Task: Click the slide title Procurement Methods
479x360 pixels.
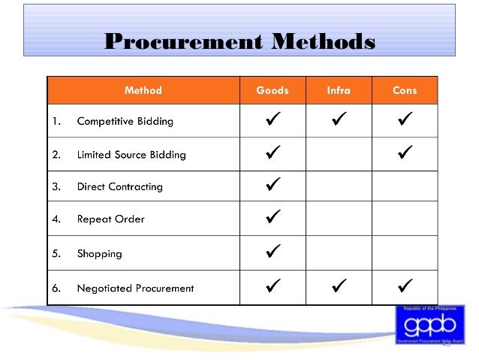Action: pyautogui.click(x=239, y=41)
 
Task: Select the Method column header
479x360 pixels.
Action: pyautogui.click(x=143, y=91)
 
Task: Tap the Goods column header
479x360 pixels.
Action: pyautogui.click(x=273, y=91)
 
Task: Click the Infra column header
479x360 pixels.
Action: pyautogui.click(x=339, y=91)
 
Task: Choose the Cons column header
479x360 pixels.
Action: pyautogui.click(x=405, y=91)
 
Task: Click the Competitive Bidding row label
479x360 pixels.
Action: pyautogui.click(x=125, y=121)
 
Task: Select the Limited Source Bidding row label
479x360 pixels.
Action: pyautogui.click(x=131, y=155)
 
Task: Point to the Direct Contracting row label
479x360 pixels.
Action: pyautogui.click(x=120, y=186)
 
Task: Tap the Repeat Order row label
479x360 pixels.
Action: pyautogui.click(x=111, y=219)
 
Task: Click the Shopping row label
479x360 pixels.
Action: pyautogui.click(x=100, y=253)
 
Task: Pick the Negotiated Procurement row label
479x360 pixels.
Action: pyautogui.click(x=135, y=288)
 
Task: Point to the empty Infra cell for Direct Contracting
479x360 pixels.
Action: pyautogui.click(x=339, y=186)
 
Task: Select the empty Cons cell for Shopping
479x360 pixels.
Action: pyautogui.click(x=405, y=253)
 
